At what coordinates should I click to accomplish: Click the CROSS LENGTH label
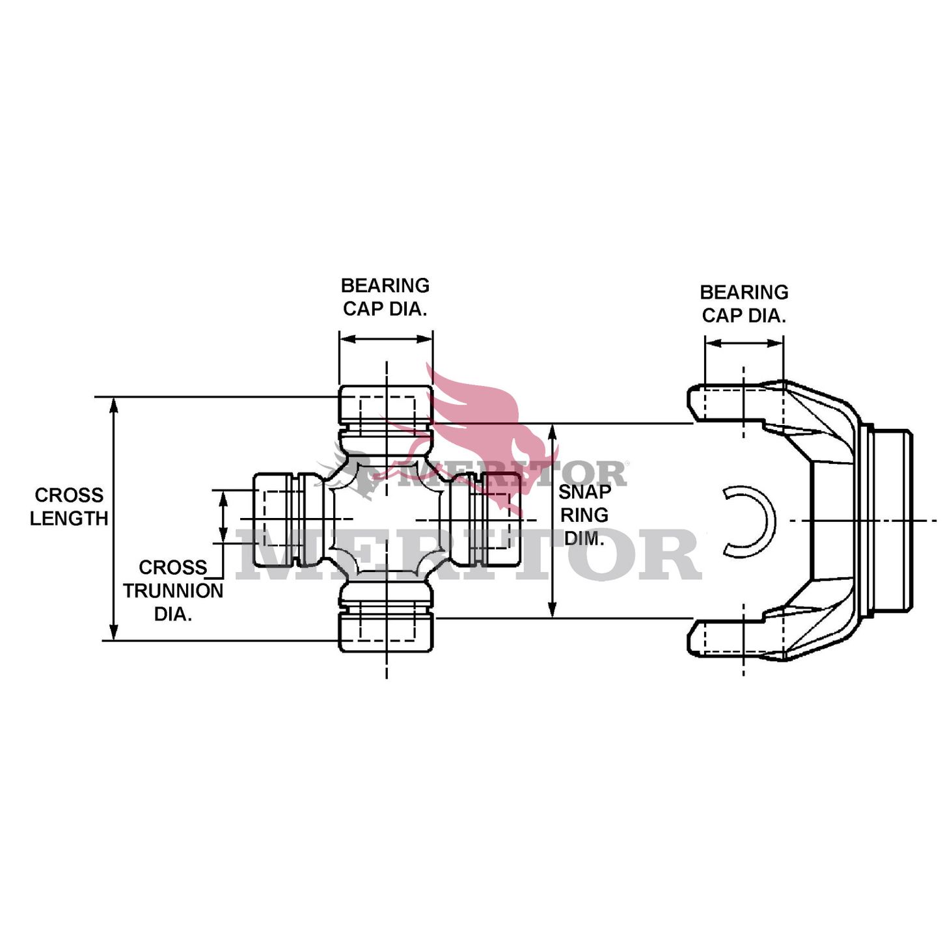click(x=69, y=506)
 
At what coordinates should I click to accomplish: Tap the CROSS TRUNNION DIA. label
click(x=172, y=590)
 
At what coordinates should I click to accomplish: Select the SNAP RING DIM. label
click(x=584, y=515)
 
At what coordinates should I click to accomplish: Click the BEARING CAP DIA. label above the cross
click(x=385, y=297)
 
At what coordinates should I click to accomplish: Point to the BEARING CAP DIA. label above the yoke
click(x=744, y=304)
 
